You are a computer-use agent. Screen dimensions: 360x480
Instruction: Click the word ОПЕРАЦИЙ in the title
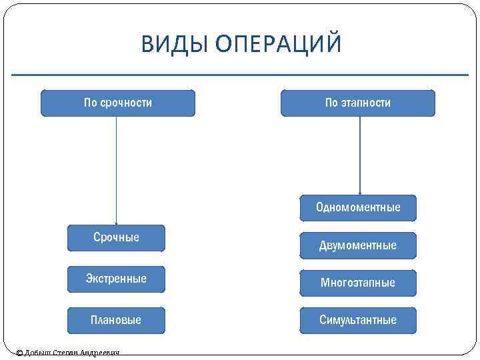click(x=279, y=43)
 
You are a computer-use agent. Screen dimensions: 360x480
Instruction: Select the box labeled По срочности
click(x=118, y=103)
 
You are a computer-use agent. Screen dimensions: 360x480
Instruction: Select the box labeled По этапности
click(x=357, y=103)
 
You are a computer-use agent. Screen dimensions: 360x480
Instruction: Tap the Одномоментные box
click(x=358, y=208)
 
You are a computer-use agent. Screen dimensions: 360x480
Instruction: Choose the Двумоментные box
click(x=358, y=245)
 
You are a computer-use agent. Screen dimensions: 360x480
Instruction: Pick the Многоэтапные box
click(x=358, y=283)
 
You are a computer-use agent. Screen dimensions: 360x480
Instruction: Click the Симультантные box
click(x=358, y=320)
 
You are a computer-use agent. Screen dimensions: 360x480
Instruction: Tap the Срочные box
click(x=116, y=238)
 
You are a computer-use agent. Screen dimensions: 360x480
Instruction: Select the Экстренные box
click(x=116, y=279)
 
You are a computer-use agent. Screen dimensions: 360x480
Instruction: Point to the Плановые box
click(x=116, y=320)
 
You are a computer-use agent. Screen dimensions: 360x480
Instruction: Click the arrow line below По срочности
click(x=117, y=167)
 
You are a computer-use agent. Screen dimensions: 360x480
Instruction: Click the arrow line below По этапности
click(x=360, y=153)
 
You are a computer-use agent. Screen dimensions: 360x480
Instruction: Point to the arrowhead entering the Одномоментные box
click(x=360, y=193)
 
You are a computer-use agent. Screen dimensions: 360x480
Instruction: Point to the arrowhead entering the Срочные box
click(x=117, y=223)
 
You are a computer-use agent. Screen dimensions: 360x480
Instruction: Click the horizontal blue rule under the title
click(x=240, y=75)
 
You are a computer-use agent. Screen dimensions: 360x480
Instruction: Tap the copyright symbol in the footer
click(x=19, y=353)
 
